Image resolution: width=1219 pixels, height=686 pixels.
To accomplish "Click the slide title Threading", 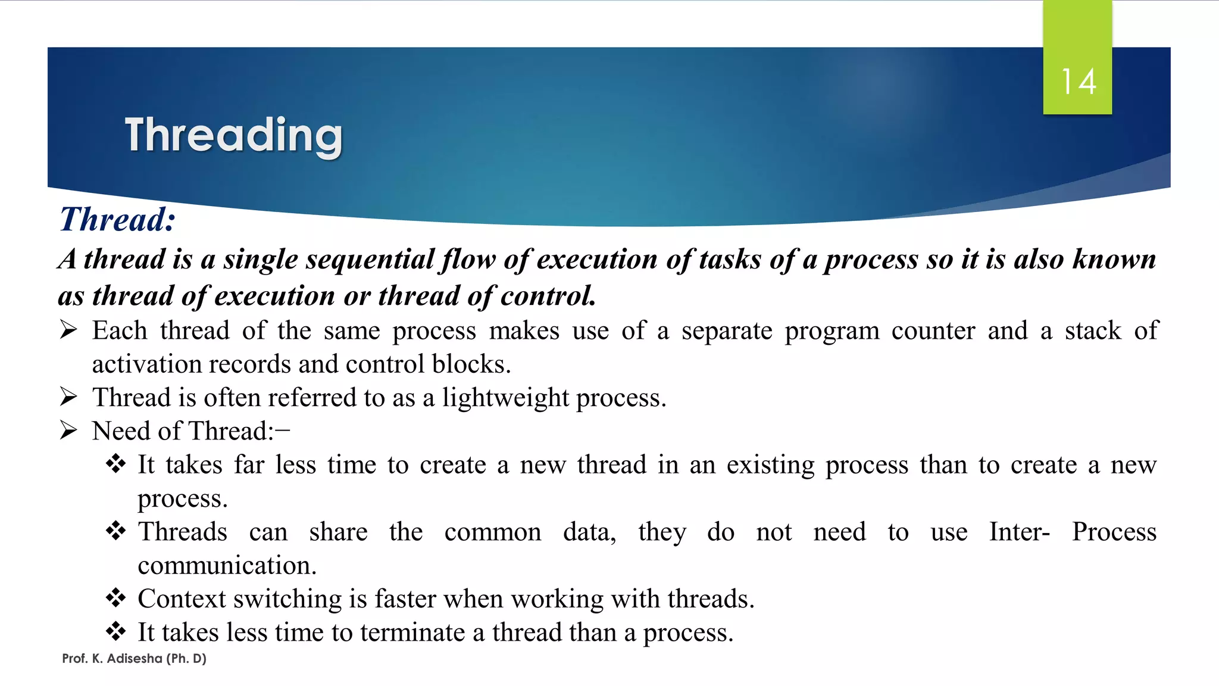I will pos(233,136).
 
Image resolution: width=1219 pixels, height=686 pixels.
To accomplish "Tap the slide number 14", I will pos(1079,82).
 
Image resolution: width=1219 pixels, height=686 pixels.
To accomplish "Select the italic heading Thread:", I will pos(117,219).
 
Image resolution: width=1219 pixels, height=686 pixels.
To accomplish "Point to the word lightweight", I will pos(505,398).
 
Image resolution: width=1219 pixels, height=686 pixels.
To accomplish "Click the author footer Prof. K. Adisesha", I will pos(134,659).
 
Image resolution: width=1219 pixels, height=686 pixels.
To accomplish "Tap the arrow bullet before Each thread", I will pos(69,330).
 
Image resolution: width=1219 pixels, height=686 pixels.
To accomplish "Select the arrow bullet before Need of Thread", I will pos(69,431).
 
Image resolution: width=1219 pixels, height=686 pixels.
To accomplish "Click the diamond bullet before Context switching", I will pos(115,597).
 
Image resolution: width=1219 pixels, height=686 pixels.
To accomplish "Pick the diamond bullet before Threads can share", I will pos(115,530).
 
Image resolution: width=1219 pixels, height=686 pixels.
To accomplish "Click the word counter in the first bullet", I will pos(933,331).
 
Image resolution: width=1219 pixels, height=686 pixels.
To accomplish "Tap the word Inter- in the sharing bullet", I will pos(1019,532).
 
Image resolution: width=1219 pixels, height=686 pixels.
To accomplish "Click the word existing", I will pos(770,465).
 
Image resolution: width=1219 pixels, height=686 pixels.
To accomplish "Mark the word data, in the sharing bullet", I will pos(589,532).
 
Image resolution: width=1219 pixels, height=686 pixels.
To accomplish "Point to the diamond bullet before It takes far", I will pos(115,463).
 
